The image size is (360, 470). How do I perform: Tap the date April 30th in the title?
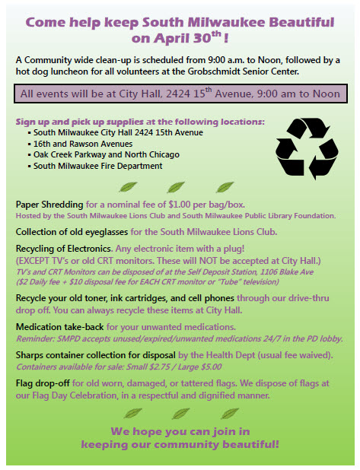[x=176, y=36]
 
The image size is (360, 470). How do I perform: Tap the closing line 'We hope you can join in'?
[x=180, y=430]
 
